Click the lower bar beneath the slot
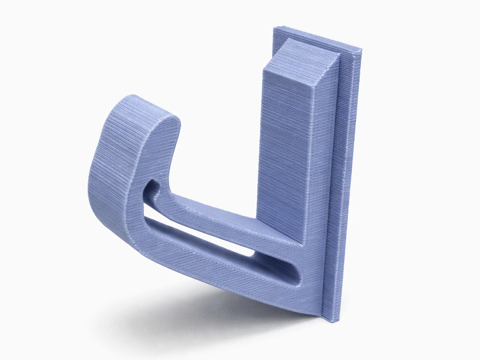(x=211, y=265)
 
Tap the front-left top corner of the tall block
(x=264, y=69)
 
